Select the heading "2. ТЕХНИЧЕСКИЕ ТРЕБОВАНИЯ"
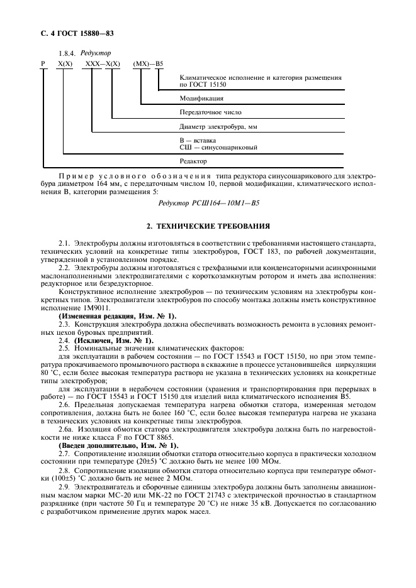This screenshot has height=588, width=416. coord(208,224)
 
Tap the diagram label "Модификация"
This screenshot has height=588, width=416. coord(201,99)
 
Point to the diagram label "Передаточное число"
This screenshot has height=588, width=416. coord(210,113)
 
